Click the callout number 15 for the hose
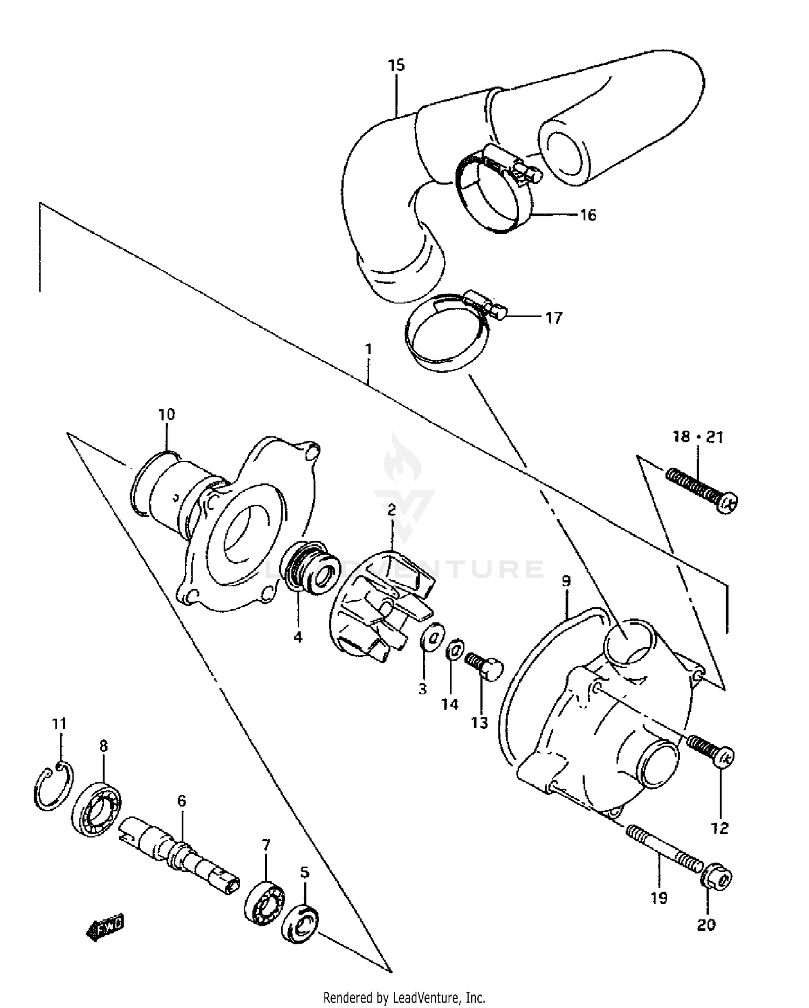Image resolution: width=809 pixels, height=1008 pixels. (396, 66)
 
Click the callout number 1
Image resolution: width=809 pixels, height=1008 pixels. (368, 349)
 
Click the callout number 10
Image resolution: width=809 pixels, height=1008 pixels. (167, 415)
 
